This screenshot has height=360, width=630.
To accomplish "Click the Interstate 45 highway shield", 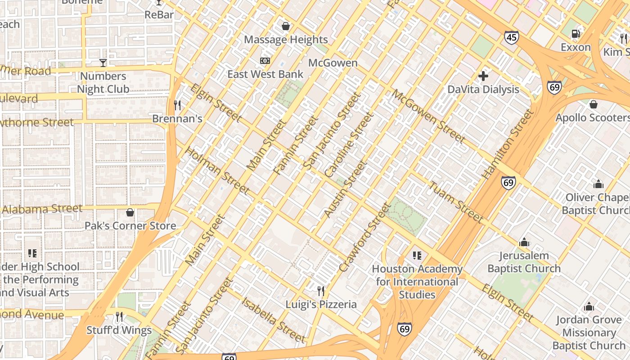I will tap(511, 37).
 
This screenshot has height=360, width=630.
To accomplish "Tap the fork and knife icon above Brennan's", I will tap(177, 105).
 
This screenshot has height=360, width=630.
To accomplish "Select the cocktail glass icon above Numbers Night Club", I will tap(103, 63).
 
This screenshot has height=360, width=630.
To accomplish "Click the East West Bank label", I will tap(265, 74).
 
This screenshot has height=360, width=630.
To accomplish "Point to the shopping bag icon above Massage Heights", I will tap(285, 26).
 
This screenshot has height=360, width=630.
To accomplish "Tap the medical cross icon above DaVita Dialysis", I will tap(483, 76).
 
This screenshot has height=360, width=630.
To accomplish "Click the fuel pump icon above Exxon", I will tap(575, 33).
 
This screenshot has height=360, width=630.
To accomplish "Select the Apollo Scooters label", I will tap(592, 118).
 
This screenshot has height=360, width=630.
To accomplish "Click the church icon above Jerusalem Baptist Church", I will tap(524, 243).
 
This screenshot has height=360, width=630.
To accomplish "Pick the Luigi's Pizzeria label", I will tap(321, 305).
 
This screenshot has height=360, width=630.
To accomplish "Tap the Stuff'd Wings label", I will tap(119, 330).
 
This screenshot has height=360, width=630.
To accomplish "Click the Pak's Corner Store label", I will tap(130, 226).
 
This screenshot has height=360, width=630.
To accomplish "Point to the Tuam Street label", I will tap(456, 202).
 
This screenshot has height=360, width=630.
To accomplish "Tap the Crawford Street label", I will tap(365, 237).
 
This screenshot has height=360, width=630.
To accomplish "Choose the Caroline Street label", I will tap(349, 144).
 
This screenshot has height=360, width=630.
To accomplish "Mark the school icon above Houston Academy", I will tap(417, 256).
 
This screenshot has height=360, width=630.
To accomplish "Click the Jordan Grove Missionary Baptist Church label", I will tap(589, 333).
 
